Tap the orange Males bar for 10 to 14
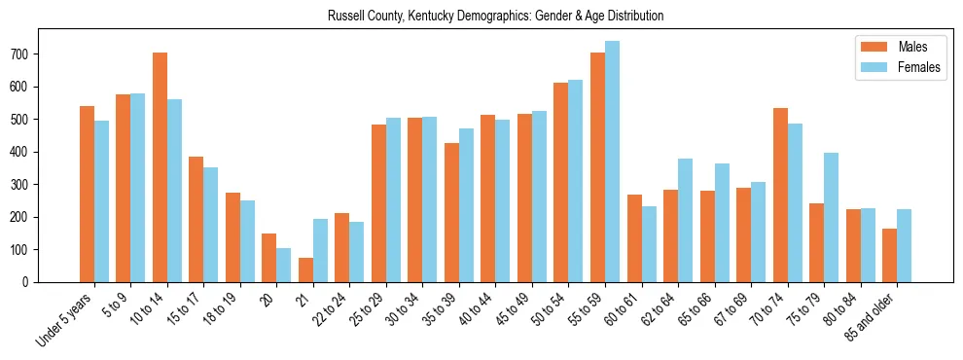[x=160, y=167]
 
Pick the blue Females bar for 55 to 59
[x=612, y=162]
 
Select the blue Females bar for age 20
[x=284, y=265]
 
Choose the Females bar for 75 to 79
[x=831, y=217]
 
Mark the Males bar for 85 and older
[x=889, y=255]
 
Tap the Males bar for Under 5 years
[x=87, y=194]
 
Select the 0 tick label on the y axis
[x=30, y=282]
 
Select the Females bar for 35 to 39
[x=466, y=205]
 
